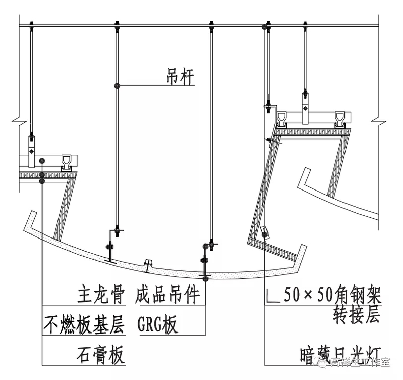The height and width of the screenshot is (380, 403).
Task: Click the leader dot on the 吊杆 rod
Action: point(118,86)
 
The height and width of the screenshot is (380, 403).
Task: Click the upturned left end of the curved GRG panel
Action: point(31,218)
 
